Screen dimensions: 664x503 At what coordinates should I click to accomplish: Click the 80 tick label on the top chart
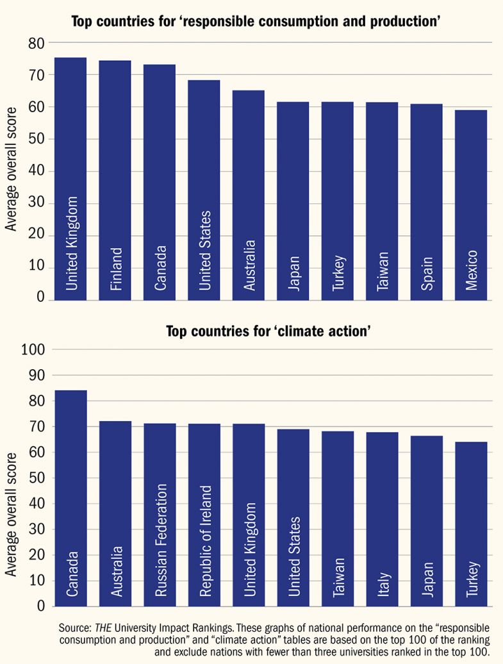tap(37, 44)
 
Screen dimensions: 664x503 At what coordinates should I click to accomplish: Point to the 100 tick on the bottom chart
tap(33, 350)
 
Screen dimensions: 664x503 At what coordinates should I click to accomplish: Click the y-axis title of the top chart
tap(11, 170)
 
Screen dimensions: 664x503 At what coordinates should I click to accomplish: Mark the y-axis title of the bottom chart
tap(11, 513)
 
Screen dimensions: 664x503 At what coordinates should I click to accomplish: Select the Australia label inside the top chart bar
tap(249, 265)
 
